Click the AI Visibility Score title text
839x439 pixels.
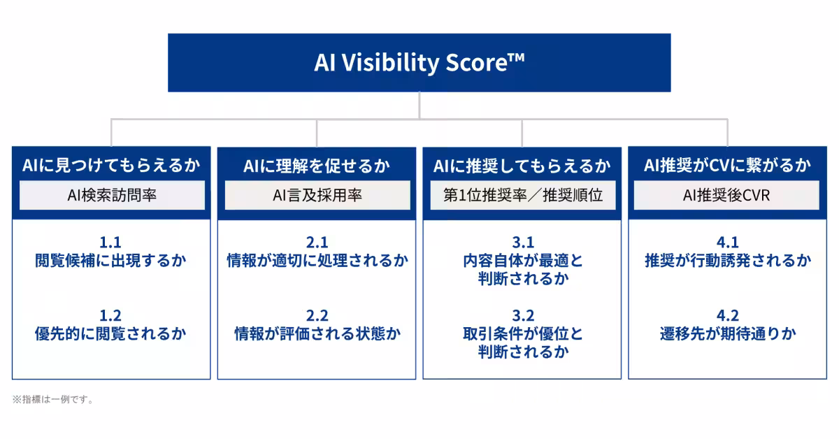(x=419, y=62)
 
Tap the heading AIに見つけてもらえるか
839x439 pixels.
(x=111, y=165)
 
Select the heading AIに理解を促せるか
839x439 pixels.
(x=317, y=166)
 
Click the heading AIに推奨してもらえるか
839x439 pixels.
(x=522, y=166)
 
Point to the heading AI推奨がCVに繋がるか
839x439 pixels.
(x=727, y=165)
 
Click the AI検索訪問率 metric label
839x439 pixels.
(x=112, y=195)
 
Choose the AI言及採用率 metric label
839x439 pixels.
(x=317, y=195)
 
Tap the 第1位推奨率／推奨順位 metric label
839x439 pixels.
(x=523, y=195)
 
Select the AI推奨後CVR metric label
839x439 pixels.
(x=726, y=195)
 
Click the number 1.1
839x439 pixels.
(x=110, y=243)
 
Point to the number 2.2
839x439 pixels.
(x=317, y=316)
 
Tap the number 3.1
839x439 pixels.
(x=523, y=243)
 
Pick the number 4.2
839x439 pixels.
(x=728, y=316)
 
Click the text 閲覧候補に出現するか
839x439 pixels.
(x=110, y=261)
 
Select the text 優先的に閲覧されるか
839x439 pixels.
(x=110, y=333)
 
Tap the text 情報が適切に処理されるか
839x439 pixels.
(x=317, y=261)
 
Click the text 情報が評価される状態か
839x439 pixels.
(x=317, y=333)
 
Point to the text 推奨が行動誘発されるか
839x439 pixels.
(x=728, y=261)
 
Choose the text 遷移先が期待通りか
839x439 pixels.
(x=728, y=333)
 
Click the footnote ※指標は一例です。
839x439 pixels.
(x=53, y=399)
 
